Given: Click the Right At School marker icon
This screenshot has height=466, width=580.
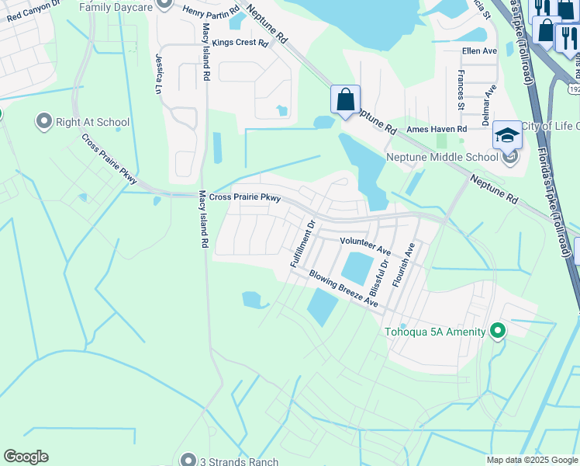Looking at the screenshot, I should tap(43, 122).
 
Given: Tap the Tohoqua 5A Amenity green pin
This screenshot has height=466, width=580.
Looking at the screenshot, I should tap(498, 332).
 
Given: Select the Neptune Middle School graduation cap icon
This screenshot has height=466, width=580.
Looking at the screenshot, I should tap(506, 136).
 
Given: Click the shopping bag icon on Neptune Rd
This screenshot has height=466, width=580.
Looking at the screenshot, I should tap(345, 99).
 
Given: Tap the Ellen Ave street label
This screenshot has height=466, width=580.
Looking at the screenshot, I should tap(478, 50).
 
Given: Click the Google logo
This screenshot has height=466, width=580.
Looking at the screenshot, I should tap(26, 457).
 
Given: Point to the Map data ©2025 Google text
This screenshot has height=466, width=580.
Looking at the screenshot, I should tap(531, 460).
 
